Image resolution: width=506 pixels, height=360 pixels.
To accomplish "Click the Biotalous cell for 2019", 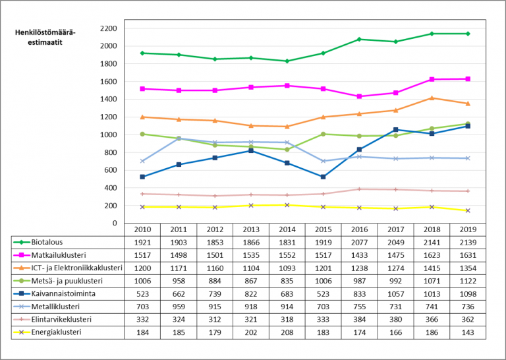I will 468,242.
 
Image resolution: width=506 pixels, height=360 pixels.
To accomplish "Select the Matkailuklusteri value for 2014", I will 287,255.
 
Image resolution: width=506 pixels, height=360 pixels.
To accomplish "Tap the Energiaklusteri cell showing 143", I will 468,332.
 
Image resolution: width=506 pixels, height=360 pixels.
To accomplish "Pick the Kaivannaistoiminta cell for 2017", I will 395,293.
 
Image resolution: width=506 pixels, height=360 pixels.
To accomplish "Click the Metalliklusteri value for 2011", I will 179,307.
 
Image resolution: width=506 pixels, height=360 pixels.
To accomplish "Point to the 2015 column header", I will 323,229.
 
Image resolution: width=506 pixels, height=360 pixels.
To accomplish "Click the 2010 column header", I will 143,229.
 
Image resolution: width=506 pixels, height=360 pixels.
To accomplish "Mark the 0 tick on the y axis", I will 114,223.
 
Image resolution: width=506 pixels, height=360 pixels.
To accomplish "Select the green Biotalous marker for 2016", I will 359,40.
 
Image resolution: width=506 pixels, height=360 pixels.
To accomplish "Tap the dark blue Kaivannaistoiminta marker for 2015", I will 323,177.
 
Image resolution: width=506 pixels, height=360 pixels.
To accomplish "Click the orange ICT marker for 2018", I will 432,98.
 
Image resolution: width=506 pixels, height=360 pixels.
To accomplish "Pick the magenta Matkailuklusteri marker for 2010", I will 143,88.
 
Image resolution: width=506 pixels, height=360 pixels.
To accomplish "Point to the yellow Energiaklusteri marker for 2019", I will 468,210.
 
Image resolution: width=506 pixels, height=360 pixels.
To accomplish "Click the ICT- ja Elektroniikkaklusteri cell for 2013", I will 251,268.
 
